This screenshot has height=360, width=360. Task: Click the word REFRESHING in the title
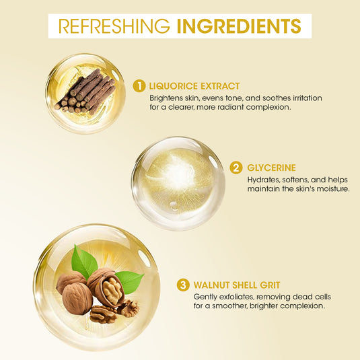[114, 26]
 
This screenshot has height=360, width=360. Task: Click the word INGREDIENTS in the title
[238, 26]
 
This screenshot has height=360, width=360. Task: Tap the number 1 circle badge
[139, 85]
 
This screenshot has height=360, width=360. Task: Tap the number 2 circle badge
[236, 168]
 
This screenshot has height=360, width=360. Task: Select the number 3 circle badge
[183, 285]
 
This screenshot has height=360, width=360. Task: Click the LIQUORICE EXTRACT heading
[195, 86]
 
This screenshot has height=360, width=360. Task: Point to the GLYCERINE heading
[272, 168]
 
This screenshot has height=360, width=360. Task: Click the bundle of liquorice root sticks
[85, 92]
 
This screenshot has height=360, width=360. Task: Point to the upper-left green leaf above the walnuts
[83, 262]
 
